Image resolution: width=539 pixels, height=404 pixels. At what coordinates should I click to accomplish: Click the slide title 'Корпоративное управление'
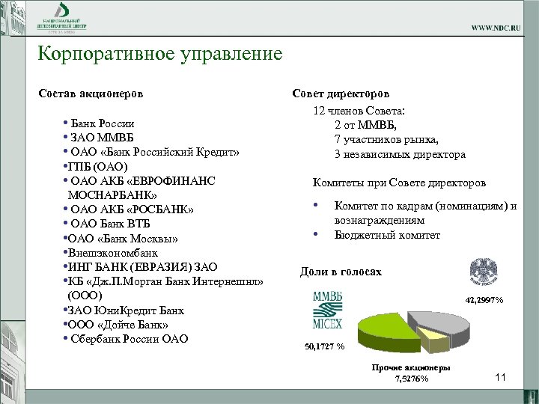(160, 55)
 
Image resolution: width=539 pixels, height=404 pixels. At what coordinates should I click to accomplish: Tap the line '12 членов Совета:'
(363, 111)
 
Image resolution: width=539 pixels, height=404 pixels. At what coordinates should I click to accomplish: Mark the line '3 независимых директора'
(400, 154)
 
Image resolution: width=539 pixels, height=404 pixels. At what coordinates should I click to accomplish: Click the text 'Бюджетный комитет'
(387, 235)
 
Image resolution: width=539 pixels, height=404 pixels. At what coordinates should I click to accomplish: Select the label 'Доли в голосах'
(341, 272)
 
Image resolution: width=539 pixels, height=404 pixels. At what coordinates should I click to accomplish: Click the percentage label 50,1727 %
(324, 347)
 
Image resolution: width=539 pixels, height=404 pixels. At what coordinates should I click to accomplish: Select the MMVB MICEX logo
(328, 310)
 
